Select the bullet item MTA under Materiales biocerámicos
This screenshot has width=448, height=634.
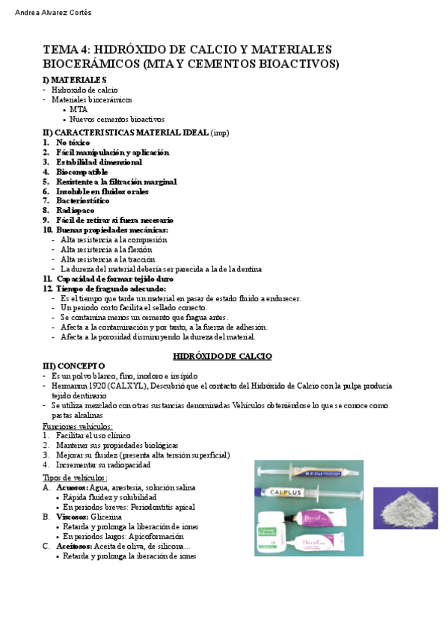coord(79,109)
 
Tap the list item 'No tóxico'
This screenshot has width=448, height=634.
coord(73,142)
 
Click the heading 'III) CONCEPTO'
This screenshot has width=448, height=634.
coord(74,366)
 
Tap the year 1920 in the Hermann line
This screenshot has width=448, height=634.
coord(96,385)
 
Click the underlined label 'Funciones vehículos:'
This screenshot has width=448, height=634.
coord(78,425)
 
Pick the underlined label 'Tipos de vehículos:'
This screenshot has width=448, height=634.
coord(75,477)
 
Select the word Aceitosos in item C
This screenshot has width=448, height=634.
coord(73,547)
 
